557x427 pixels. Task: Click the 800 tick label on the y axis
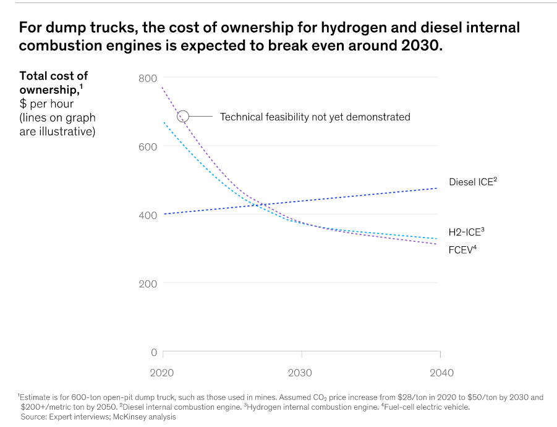pos(148,78)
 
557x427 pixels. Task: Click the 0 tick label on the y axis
pos(154,352)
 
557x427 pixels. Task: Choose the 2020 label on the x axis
pos(163,373)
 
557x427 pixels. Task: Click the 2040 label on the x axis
pos(440,373)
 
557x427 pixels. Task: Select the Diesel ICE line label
pos(472,182)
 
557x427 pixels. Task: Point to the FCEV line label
pos(462,251)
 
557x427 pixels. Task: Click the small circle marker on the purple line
pos(183,116)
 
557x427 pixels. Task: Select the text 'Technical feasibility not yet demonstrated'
pos(315,117)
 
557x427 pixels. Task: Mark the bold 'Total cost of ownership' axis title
pos(54,83)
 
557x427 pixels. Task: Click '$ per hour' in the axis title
pos(46,104)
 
